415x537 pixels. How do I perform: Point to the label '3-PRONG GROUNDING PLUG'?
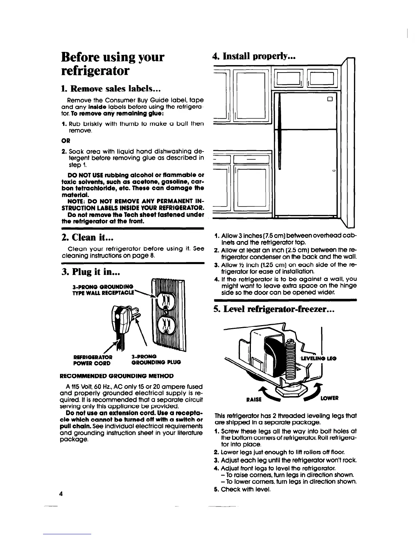pyautogui.click(x=156, y=359)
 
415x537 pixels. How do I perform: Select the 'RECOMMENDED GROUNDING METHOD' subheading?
pyautogui.click(x=117, y=376)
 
